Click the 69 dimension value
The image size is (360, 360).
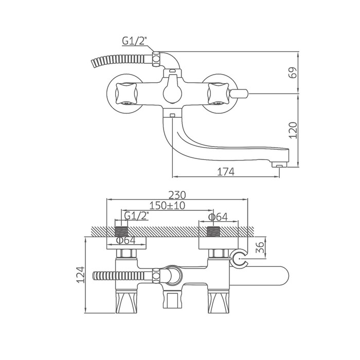[x=292, y=73]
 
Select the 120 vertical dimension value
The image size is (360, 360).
[x=293, y=130]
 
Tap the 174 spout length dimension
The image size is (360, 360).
[x=226, y=171]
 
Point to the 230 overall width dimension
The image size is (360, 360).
[x=177, y=195]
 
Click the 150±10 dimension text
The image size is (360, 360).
[x=167, y=206]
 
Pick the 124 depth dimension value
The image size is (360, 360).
[x=81, y=275]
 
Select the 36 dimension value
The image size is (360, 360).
[x=260, y=247]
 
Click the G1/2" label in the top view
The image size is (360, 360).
[x=134, y=41]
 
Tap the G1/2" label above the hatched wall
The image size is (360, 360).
[x=136, y=216]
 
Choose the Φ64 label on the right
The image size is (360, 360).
[x=218, y=217]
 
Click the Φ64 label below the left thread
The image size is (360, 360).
[x=126, y=240]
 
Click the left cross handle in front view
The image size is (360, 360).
[x=127, y=94]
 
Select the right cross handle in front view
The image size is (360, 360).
[x=218, y=94]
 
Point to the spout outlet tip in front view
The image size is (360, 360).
[x=279, y=165]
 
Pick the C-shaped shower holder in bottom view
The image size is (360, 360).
[x=239, y=259]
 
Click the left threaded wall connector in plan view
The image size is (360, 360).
[x=121, y=231]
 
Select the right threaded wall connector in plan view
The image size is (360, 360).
[x=213, y=231]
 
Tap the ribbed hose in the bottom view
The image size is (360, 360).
[x=123, y=276]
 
